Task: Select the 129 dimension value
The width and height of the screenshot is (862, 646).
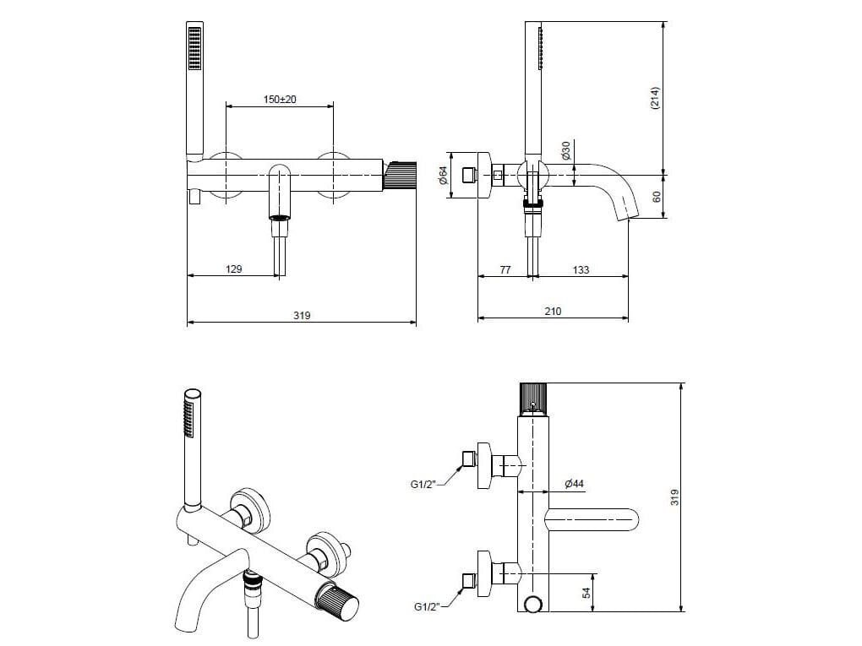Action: pyautogui.click(x=234, y=269)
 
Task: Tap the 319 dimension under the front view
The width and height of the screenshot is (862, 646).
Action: pyautogui.click(x=302, y=316)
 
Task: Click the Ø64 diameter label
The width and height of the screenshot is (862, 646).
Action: pyautogui.click(x=443, y=176)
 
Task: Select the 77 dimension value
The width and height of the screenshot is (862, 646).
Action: pyautogui.click(x=505, y=269)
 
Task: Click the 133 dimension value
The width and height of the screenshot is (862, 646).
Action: pyautogui.click(x=581, y=269)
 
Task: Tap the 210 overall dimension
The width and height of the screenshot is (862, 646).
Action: pyautogui.click(x=553, y=312)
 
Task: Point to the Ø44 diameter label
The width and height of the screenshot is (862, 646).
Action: pyautogui.click(x=574, y=484)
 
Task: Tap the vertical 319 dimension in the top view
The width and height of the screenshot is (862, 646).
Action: pyautogui.click(x=675, y=497)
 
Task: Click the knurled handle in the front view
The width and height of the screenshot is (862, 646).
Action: pyautogui.click(x=401, y=174)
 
